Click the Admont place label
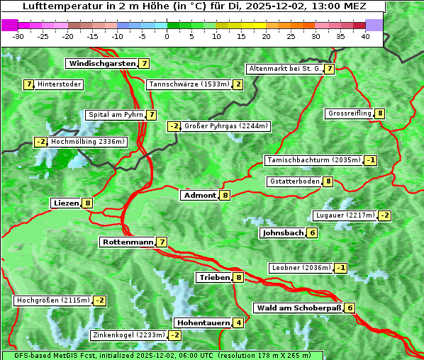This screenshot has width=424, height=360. coord(199,195)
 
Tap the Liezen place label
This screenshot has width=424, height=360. coord(66,203)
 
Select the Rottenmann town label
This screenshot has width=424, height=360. coord(128,242)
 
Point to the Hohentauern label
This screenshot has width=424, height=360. coord(203,323)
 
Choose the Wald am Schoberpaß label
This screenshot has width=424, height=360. coord(299,308)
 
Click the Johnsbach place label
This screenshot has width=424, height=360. coord(283,232)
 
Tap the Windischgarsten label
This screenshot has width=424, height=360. coord(101,64)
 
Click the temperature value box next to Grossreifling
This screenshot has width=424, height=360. coord(380,113)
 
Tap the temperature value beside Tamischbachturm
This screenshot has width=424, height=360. coord(370,160)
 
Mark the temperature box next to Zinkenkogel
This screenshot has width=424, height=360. coord(174,335)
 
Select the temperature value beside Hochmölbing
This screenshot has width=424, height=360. coord(40,142)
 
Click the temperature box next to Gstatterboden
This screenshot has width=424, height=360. coord(328,181)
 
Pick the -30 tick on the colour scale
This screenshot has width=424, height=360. coord(19,36)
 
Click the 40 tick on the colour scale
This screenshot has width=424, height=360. coord(365,36)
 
